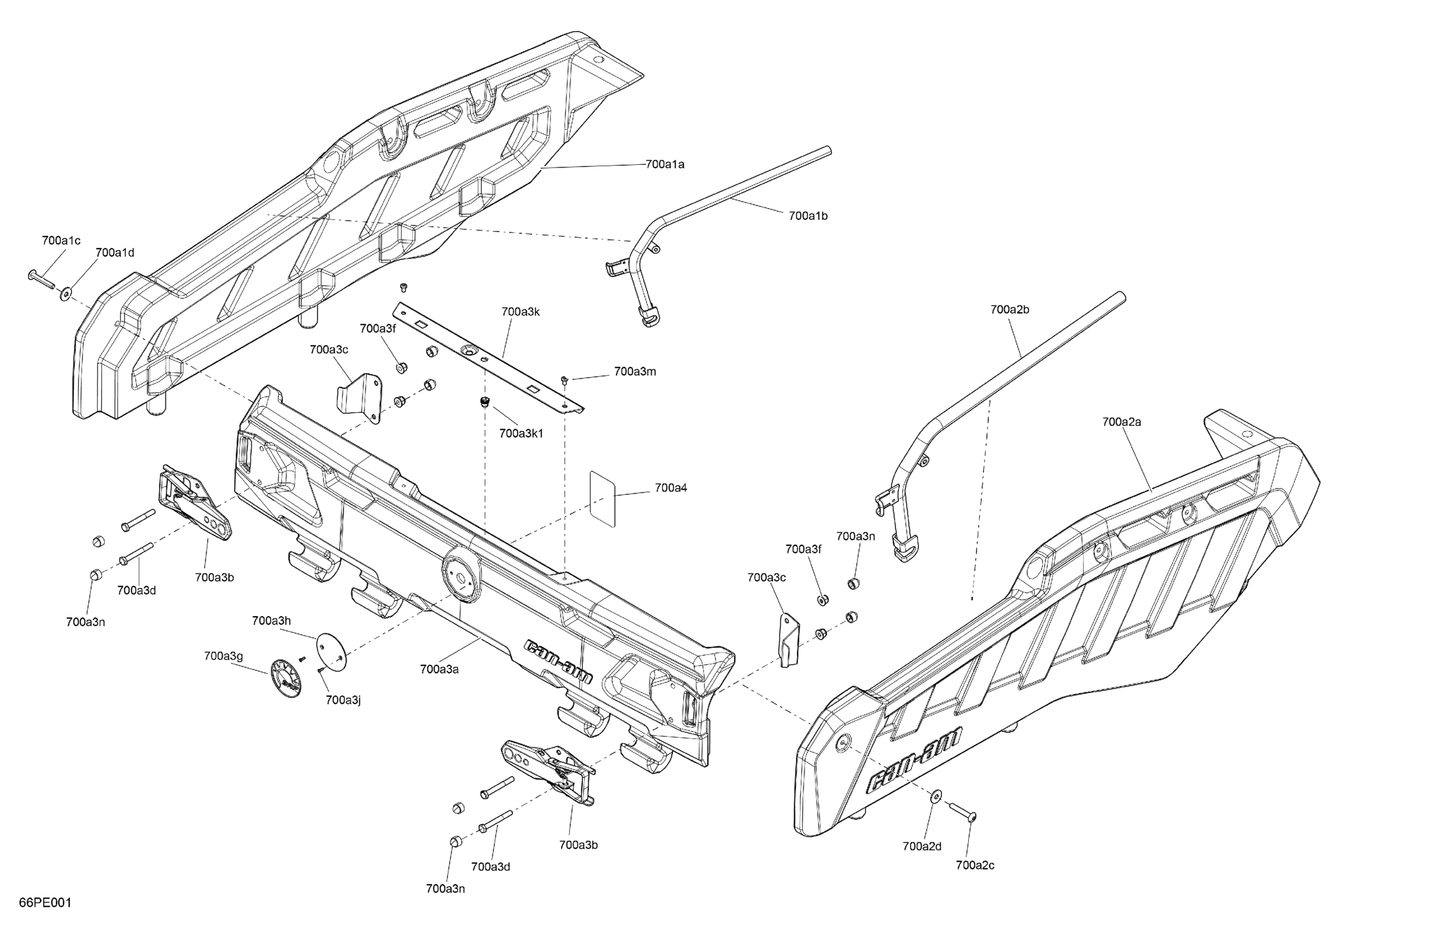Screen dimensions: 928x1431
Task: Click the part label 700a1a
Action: point(664,164)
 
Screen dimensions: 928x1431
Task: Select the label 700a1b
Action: point(808,215)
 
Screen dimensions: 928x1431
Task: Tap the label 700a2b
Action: point(1010,310)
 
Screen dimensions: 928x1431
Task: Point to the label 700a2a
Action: point(1122,421)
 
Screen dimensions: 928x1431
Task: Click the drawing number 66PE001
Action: point(45,903)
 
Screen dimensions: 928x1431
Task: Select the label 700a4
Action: point(670,488)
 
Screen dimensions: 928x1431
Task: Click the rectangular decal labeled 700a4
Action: point(603,498)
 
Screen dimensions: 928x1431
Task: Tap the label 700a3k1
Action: point(521,433)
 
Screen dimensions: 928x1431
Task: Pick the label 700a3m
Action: point(634,372)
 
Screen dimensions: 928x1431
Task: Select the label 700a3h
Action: point(271,621)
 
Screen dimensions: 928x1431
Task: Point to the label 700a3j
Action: point(343,700)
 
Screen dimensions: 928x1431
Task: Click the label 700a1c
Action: point(61,241)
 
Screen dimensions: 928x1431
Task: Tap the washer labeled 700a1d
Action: point(65,294)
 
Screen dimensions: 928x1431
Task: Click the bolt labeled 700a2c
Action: point(963,812)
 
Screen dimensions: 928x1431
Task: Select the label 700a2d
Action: point(922,846)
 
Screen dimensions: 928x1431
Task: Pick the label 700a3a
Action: point(439,669)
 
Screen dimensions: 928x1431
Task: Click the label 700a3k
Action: point(520,312)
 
